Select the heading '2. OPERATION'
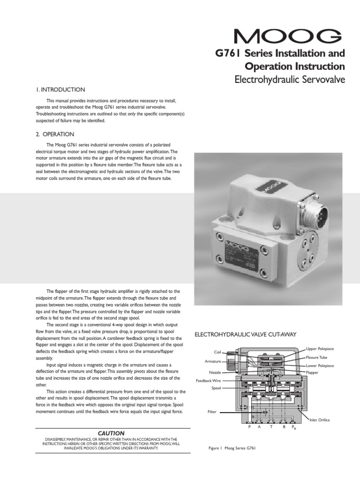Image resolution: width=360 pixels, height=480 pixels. pos(56,134)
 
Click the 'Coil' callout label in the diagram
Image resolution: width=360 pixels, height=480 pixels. pos(217,352)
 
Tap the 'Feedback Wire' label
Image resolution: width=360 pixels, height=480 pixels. pos(209,381)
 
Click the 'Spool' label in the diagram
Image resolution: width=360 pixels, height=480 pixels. pos(216,388)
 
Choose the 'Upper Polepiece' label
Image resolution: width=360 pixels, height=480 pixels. pos(320,349)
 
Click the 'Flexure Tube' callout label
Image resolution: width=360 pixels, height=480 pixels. pos(317,357)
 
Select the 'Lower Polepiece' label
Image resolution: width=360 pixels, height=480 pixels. pos(320,365)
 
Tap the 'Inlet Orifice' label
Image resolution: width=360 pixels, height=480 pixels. pos(320,420)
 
